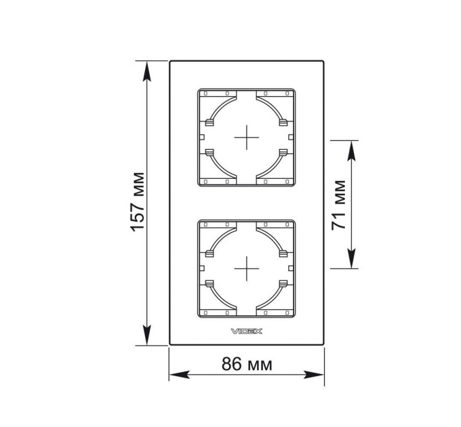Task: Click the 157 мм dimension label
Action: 138,202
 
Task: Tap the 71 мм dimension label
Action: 338,205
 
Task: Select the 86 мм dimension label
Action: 247,364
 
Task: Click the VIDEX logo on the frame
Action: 246,331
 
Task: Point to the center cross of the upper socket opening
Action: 246,137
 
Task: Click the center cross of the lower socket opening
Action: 246,268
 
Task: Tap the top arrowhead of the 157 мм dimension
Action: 146,71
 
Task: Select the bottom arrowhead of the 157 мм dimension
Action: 146,335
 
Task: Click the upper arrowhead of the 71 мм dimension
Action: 351,150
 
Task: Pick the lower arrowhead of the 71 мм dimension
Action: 351,258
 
